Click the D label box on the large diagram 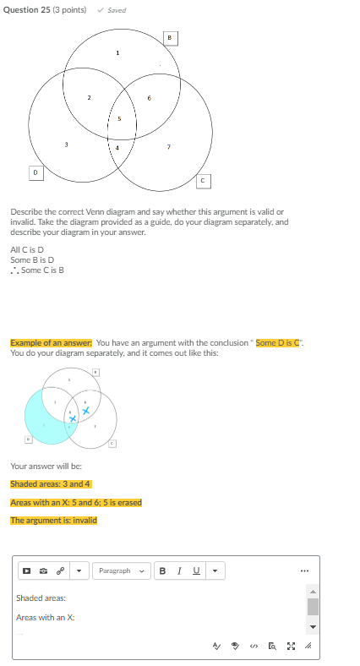[x=35, y=172]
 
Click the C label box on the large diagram [x=204, y=180]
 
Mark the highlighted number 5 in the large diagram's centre [x=119, y=118]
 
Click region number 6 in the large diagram [x=149, y=98]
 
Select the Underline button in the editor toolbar [x=196, y=571]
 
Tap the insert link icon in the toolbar [x=60, y=571]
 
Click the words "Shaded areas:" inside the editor [x=41, y=598]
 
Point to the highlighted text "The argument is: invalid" [x=53, y=520]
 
